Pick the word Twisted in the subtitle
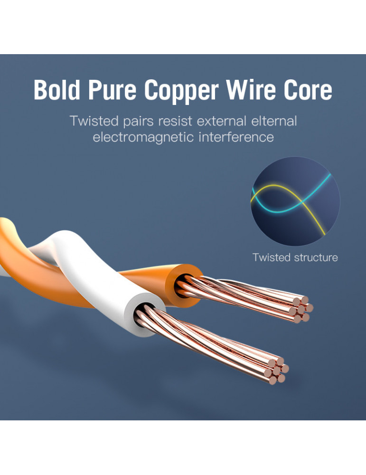pos(92,121)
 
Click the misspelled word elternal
pos(274,121)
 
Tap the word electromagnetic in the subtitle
pos(143,137)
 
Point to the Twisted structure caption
pos(295,257)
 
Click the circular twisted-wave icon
pos(295,201)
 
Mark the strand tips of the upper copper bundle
pos(300,309)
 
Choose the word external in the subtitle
pos(222,121)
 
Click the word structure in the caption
pos(316,257)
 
